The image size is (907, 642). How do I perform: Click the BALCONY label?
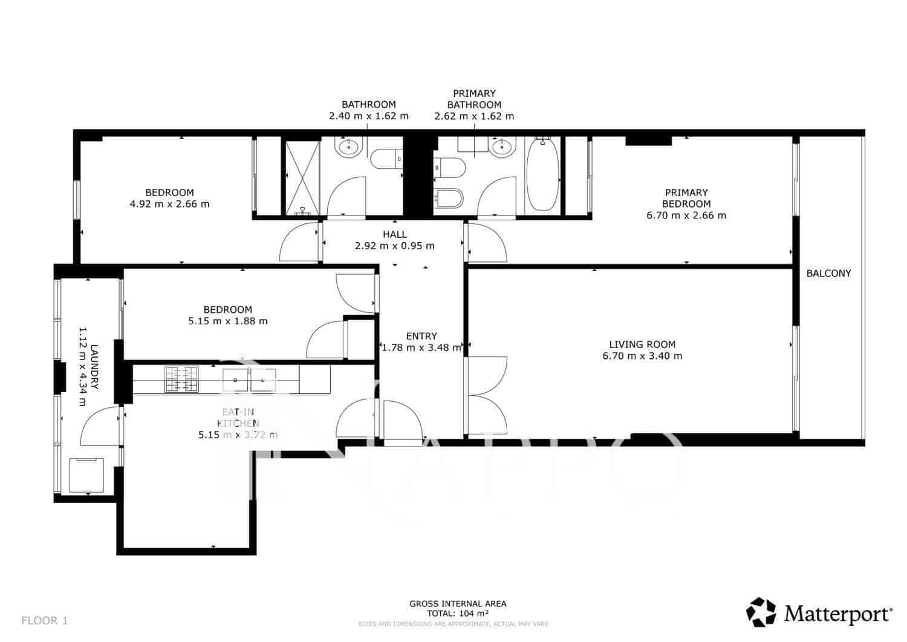(x=828, y=274)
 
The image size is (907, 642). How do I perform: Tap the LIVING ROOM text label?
(x=642, y=344)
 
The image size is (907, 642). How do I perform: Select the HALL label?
(x=394, y=234)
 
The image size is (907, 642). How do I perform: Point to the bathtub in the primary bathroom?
(x=542, y=174)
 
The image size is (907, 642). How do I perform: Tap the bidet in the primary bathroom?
(x=449, y=198)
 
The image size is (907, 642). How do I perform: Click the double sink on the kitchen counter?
(x=249, y=379)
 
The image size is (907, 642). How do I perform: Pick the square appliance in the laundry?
(x=86, y=475)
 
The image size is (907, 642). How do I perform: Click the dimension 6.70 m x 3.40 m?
(x=642, y=356)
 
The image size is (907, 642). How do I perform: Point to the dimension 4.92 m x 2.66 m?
(x=169, y=204)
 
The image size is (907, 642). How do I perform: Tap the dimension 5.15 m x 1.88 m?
(x=228, y=321)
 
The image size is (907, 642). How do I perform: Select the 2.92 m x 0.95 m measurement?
(x=394, y=246)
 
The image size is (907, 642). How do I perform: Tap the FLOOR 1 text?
(x=45, y=620)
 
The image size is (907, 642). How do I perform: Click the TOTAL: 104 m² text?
(x=458, y=613)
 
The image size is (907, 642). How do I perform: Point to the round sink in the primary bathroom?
(x=501, y=147)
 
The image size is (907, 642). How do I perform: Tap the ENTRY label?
(x=421, y=336)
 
